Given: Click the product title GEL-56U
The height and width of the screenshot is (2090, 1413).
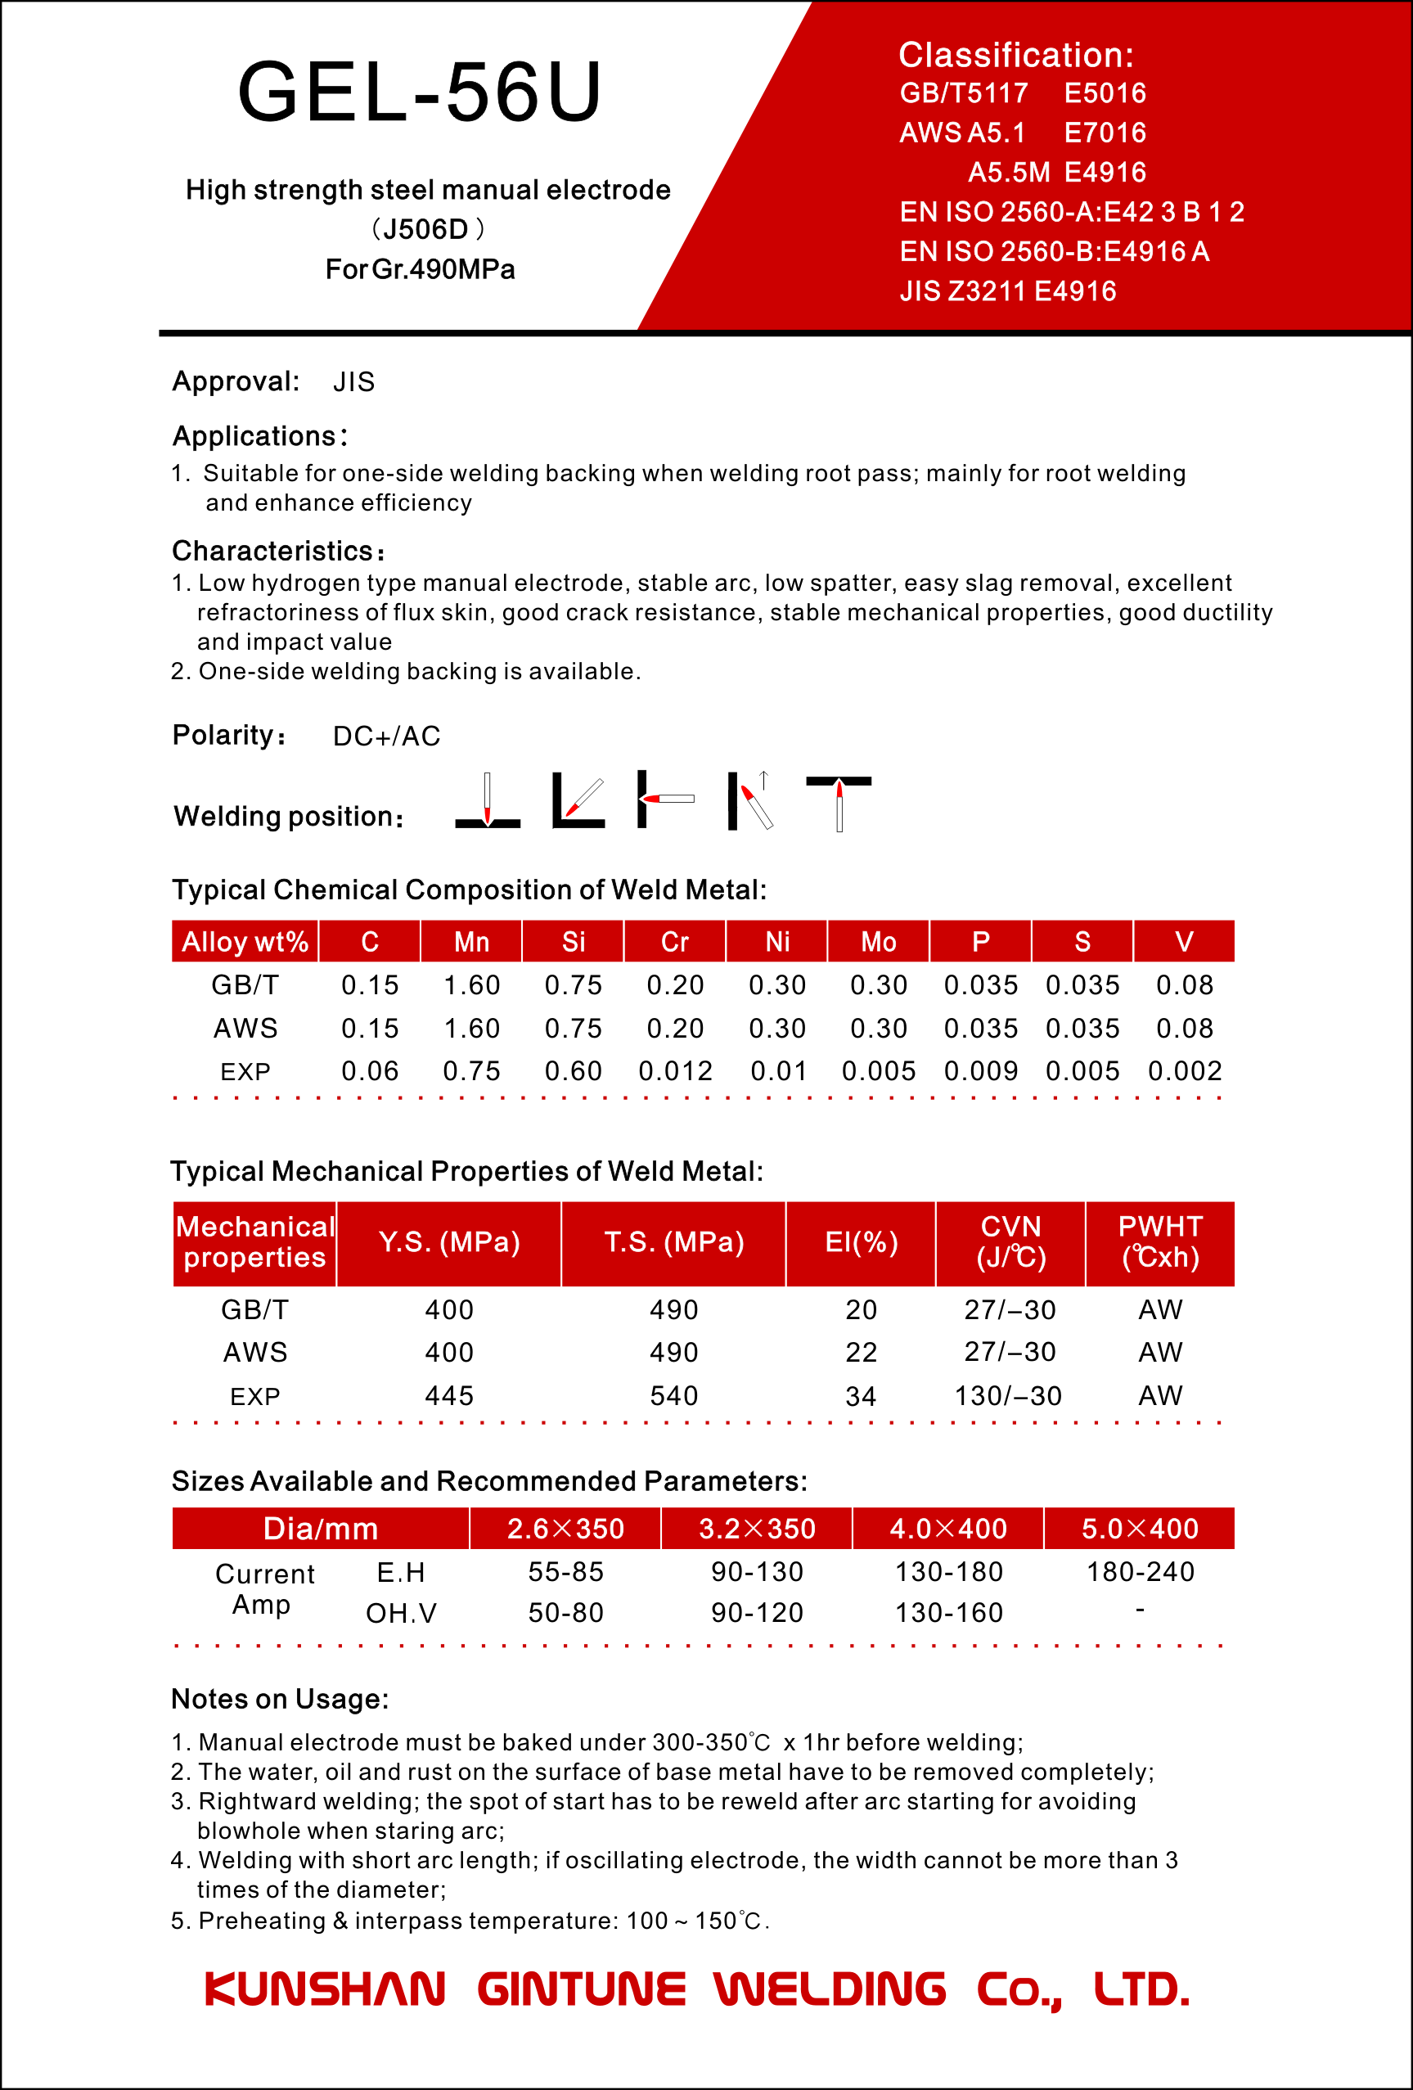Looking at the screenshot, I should click(419, 92).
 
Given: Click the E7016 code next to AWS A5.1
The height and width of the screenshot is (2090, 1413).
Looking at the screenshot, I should click(1105, 133).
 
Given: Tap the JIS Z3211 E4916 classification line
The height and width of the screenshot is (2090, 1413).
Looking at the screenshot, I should click(1007, 291).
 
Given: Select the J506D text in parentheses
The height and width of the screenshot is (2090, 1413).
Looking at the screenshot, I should click(426, 229).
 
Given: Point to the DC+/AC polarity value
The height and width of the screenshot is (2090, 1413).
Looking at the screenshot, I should click(387, 736).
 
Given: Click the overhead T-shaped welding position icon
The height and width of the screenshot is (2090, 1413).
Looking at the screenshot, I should click(839, 802).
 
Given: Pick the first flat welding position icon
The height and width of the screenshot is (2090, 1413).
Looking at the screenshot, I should click(488, 800).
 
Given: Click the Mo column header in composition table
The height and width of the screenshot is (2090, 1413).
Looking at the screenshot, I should click(878, 942).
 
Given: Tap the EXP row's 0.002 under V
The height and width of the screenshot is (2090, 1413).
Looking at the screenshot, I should click(1185, 1071).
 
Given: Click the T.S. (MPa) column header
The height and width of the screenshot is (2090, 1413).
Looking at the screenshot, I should click(673, 1243).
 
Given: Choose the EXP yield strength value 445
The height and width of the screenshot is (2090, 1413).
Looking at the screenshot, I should click(449, 1396).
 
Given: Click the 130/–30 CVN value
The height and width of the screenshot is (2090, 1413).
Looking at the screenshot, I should click(1008, 1396).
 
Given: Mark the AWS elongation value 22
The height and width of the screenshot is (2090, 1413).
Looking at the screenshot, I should click(861, 1353).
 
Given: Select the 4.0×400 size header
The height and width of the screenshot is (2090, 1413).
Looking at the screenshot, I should click(948, 1529).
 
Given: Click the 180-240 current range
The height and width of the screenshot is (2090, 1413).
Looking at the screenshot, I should click(1140, 1572).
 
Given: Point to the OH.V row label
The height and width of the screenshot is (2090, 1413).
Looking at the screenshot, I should click(401, 1614).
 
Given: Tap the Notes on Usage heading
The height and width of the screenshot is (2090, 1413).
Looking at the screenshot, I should click(280, 1699).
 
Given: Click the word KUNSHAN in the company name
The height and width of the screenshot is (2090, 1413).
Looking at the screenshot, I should click(325, 1989).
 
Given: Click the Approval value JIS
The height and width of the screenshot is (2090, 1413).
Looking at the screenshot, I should click(353, 382).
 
